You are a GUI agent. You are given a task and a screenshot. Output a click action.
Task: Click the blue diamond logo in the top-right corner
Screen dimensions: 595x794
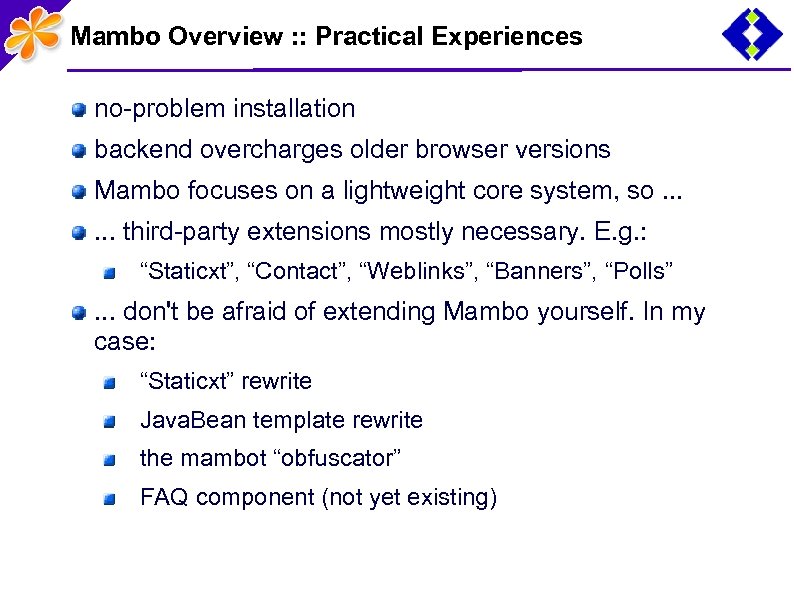(753, 35)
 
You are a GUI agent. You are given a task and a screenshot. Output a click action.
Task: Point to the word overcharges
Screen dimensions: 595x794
(261, 150)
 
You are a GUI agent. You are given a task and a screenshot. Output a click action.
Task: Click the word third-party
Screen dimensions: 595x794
(181, 232)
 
